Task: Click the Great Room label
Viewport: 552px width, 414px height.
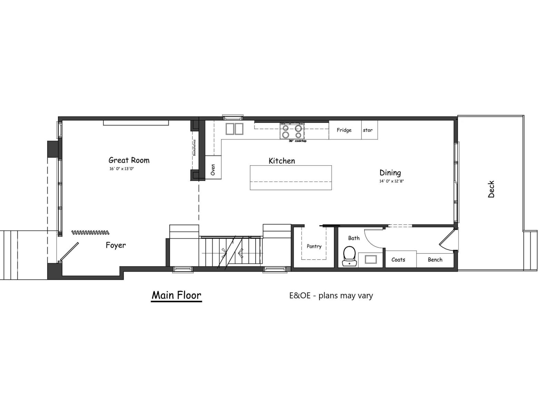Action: pos(129,160)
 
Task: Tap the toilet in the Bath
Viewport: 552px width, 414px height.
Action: pos(349,255)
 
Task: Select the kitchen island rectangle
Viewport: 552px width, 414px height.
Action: pos(290,178)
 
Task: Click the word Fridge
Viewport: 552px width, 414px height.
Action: pos(344,130)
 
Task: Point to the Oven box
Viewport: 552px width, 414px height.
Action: pos(213,169)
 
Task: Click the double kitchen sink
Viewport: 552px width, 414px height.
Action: pos(234,129)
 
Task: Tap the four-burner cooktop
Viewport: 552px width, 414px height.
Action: pos(292,131)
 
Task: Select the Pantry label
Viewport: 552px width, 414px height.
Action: pos(314,246)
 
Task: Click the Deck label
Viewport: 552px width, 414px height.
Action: pos(491,189)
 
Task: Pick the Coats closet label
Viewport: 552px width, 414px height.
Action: pos(398,260)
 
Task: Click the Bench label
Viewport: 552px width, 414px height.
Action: pos(435,260)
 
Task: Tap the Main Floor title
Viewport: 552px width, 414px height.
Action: pos(176,295)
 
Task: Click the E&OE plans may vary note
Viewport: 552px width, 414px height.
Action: pos(331,296)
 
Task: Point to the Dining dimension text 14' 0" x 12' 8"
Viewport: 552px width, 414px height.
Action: pos(391,181)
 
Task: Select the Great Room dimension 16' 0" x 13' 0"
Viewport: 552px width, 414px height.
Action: pos(121,169)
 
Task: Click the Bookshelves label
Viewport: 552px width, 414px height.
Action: pos(195,148)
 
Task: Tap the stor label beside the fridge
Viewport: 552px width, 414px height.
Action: pos(368,130)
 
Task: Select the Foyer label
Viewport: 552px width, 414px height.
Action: pos(116,245)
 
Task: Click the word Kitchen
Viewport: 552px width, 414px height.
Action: pos(282,161)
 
